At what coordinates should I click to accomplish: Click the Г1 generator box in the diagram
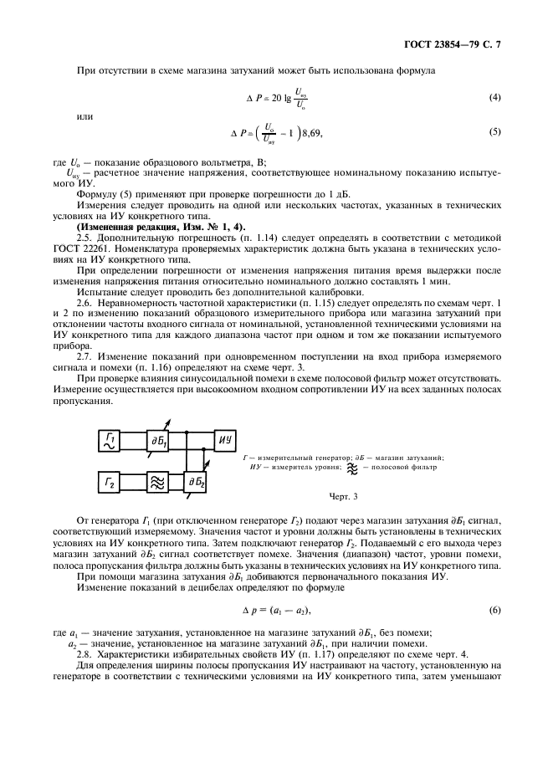point(113,440)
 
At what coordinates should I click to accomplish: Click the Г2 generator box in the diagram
point(113,482)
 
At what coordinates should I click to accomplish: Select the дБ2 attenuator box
point(197,482)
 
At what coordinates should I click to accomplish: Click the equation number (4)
point(495,99)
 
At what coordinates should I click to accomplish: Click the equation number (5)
point(495,132)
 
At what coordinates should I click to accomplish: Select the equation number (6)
point(495,610)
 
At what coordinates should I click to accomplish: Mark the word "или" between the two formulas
point(84,115)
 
